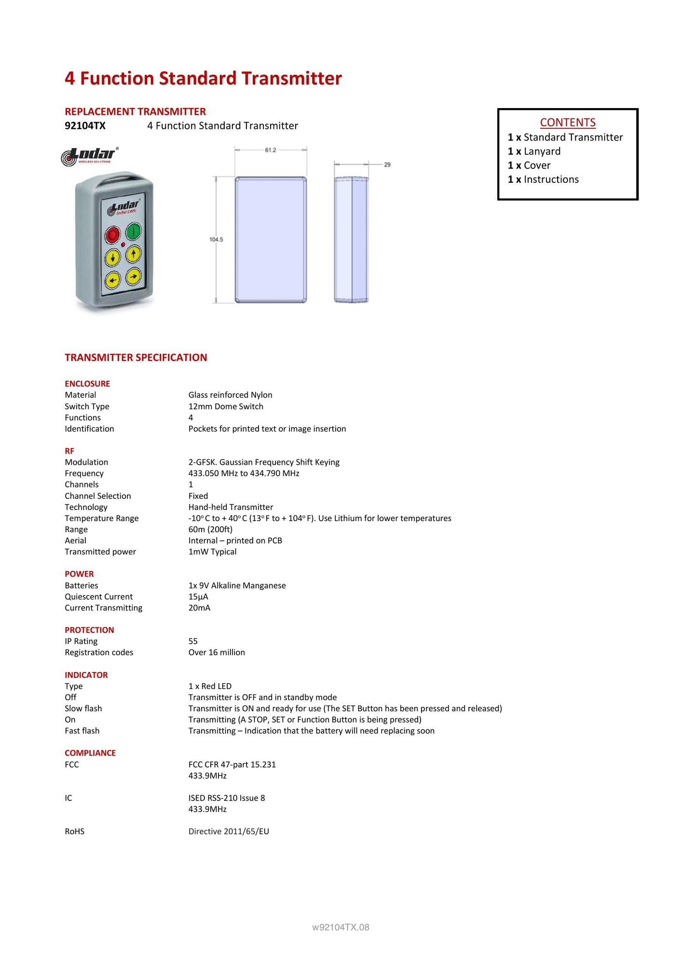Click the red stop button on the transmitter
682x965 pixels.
(x=112, y=235)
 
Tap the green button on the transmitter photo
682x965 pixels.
(x=134, y=232)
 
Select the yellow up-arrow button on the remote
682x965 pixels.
(x=134, y=253)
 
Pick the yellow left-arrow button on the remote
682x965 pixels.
(x=112, y=280)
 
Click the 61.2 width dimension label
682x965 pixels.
(x=271, y=150)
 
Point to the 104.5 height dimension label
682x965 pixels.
(x=216, y=239)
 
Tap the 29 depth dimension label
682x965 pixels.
(x=387, y=165)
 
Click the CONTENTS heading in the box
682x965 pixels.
(x=568, y=123)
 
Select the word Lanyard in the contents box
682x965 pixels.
(x=542, y=152)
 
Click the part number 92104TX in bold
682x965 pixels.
(x=85, y=126)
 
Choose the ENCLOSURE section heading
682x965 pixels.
(x=87, y=384)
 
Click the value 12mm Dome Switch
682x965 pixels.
(x=226, y=406)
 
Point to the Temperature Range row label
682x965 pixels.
(x=102, y=518)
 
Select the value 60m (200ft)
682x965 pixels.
(x=210, y=529)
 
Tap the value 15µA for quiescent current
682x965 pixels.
(x=198, y=597)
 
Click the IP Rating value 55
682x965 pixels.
(x=193, y=641)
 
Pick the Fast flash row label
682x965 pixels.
(x=82, y=731)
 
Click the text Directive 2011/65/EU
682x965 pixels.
(x=229, y=831)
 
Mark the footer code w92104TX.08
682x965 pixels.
(x=341, y=927)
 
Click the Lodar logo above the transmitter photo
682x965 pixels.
(x=90, y=156)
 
